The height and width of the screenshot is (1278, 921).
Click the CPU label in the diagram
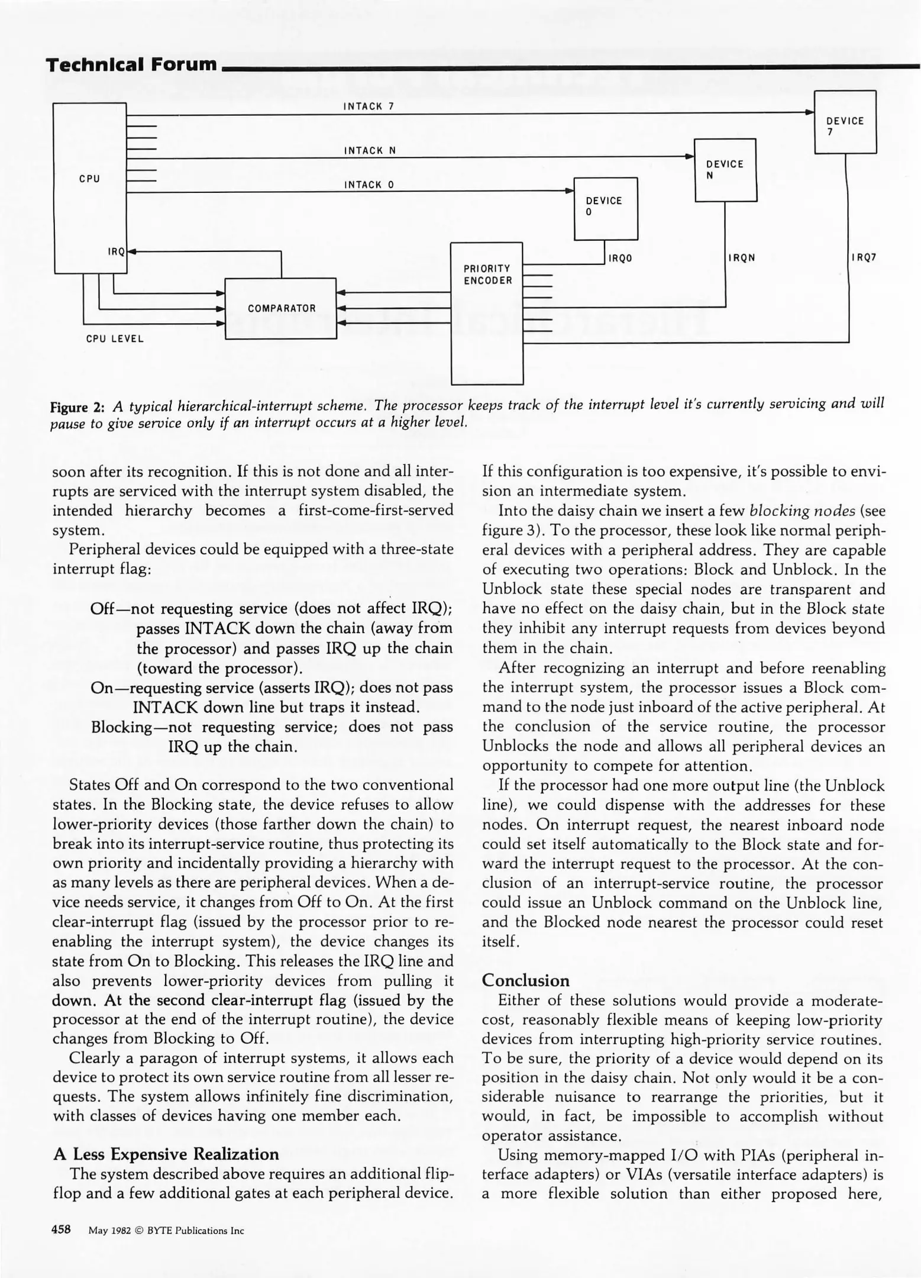(x=89, y=179)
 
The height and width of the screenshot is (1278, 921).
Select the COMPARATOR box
(x=281, y=308)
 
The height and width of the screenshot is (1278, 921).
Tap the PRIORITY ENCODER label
(x=487, y=275)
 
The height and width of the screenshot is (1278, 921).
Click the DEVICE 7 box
(x=845, y=122)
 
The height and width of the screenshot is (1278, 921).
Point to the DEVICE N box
(x=725, y=170)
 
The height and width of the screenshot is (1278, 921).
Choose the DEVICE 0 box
(x=606, y=208)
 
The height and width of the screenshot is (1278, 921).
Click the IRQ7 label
(x=864, y=258)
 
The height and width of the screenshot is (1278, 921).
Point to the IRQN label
(x=742, y=258)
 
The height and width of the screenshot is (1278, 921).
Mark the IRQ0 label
(x=620, y=259)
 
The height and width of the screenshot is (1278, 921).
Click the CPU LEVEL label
(x=115, y=339)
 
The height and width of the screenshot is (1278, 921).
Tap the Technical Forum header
(x=132, y=64)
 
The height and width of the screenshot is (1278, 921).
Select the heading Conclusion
(x=525, y=980)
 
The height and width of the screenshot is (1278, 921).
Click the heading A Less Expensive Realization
(x=166, y=1154)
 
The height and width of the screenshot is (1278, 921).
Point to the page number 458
(x=62, y=1229)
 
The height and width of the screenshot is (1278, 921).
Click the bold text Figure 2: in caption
(x=77, y=407)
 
